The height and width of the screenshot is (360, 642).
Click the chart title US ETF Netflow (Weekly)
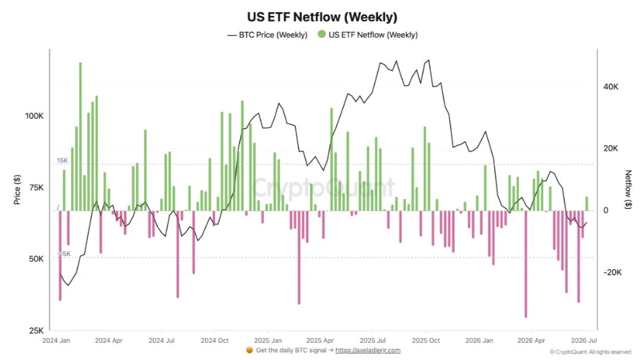322,17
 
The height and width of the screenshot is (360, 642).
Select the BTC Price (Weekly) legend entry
267,35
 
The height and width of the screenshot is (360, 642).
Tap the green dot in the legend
322,34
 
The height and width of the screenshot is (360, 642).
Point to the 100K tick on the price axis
34,116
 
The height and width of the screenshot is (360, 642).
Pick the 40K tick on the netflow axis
610,87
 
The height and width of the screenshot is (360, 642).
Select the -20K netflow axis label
612,273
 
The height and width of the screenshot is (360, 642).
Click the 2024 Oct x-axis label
215,340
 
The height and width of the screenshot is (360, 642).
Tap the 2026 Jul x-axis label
584,340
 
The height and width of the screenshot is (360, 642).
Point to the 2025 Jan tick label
267,340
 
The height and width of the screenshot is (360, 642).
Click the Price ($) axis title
17,190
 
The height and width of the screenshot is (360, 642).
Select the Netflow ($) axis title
628,190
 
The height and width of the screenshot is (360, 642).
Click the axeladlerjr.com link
368,350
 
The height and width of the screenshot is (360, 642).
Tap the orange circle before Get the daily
249,350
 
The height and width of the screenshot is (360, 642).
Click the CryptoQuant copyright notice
590,352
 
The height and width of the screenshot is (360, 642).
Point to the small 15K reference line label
62,160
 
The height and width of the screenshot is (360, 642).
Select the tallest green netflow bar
80,137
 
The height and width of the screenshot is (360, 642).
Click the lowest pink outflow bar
525,264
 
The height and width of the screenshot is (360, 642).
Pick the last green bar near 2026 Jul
587,204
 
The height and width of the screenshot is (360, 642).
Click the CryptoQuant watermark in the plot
323,187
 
